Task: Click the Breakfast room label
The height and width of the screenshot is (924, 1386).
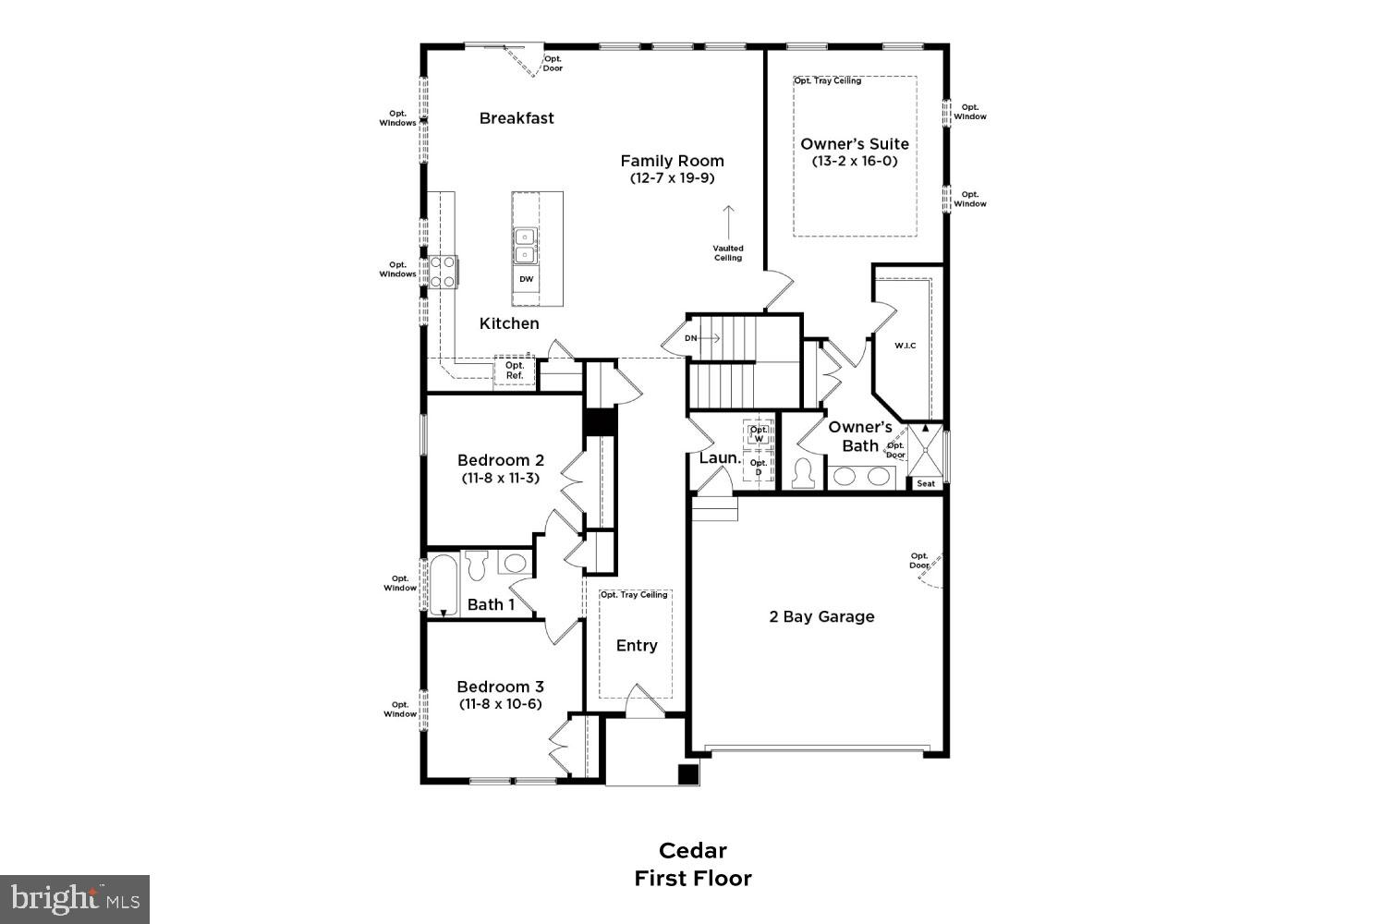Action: coord(517,118)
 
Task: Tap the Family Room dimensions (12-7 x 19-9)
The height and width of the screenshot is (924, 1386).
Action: coord(672,177)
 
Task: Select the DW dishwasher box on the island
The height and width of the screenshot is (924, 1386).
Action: coord(526,279)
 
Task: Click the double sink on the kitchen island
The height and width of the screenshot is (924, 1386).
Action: coord(525,245)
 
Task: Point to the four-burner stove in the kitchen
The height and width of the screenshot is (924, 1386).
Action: coord(443,272)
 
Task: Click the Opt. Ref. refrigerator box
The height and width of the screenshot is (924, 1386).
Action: coord(515,371)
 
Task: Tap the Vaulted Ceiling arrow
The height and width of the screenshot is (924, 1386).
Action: coord(728,222)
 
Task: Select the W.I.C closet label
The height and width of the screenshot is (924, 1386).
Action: coord(905,346)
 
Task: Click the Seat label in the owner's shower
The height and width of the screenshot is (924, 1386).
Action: coord(925,483)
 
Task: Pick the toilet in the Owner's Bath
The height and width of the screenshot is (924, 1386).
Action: coord(801,473)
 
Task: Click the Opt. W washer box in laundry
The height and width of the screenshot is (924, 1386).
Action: coord(759,433)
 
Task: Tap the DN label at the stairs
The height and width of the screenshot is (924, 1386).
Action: coord(691,338)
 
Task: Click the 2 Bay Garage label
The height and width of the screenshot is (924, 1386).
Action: coord(821,616)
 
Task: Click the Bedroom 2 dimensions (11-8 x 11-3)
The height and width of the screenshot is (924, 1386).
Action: coord(500,478)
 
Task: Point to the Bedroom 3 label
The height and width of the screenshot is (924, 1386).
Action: coord(500,687)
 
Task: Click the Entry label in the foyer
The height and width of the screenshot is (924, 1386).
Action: coord(637,645)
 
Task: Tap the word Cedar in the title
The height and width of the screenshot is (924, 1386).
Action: coord(692,850)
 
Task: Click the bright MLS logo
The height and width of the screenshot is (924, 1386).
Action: coord(75,898)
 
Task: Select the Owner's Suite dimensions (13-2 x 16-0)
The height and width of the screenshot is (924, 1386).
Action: coord(854,161)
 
